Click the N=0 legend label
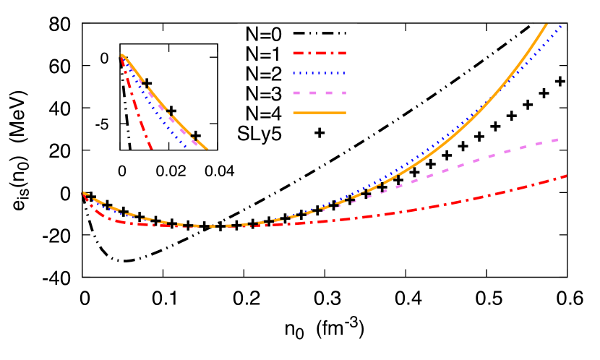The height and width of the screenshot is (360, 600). [x=263, y=33]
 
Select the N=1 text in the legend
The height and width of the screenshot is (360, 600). [x=263, y=53]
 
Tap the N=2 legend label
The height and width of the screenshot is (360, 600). [x=263, y=73]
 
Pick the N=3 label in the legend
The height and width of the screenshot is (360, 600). [x=263, y=93]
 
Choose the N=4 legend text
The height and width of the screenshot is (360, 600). [x=263, y=113]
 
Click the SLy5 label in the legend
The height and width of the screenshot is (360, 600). [x=260, y=133]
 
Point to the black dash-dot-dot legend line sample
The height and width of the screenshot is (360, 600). [x=320, y=33]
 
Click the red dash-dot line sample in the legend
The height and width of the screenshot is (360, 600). [x=320, y=53]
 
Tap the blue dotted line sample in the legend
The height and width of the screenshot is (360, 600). [x=320, y=73]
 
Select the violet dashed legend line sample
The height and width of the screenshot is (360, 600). [x=320, y=93]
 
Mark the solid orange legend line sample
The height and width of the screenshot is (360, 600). [x=320, y=113]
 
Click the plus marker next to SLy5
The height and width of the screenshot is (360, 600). [x=319, y=133]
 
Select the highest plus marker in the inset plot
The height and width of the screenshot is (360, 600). [x=147, y=83]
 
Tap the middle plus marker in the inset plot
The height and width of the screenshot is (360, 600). [x=171, y=111]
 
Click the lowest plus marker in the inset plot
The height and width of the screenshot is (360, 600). [x=195, y=136]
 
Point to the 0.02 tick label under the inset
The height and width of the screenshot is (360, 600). [x=171, y=168]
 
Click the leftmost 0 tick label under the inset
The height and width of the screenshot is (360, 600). [x=122, y=168]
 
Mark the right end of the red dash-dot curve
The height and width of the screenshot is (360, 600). [x=565, y=175]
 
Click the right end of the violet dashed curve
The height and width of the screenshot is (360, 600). [x=560, y=139]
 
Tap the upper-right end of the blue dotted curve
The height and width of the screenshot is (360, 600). [x=561, y=26]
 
